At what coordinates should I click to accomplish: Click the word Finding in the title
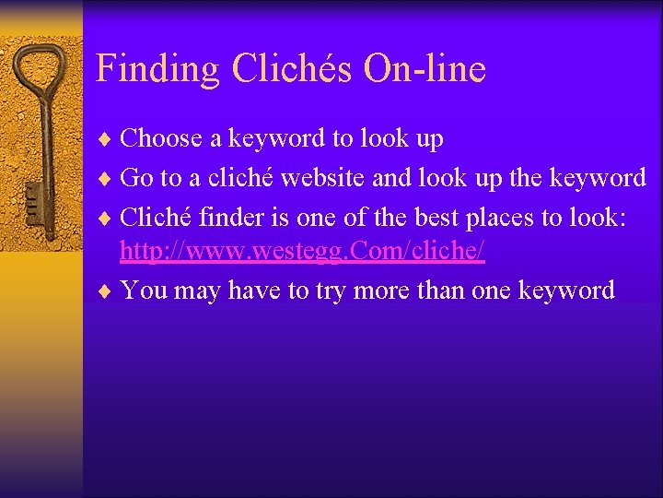157,69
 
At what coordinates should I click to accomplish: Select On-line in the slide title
425,69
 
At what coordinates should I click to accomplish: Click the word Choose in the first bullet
161,139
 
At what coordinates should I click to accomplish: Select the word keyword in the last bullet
566,290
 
